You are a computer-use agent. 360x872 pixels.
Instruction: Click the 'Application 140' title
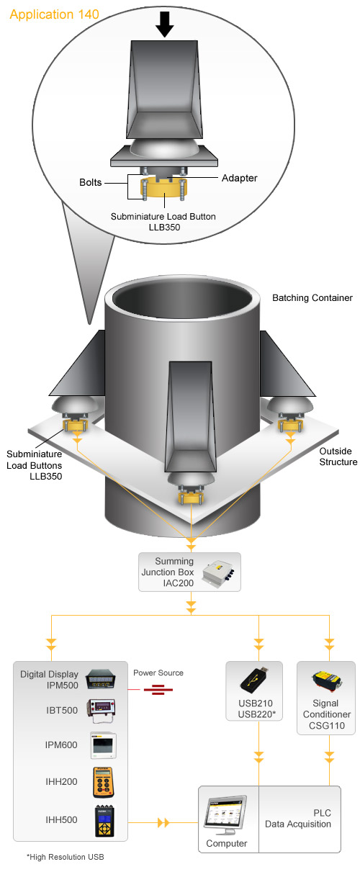(54, 14)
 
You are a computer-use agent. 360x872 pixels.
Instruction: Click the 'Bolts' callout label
(90, 182)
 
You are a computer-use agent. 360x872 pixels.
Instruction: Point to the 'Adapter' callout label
(239, 178)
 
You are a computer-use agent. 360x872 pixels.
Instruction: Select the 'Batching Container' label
(312, 298)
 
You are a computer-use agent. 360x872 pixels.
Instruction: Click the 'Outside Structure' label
(338, 457)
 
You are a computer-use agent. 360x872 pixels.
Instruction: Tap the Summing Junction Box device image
(218, 572)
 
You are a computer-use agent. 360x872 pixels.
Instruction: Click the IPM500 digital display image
(102, 680)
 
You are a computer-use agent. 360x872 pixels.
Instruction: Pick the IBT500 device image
(102, 711)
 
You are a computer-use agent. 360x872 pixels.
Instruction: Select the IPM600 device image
(103, 745)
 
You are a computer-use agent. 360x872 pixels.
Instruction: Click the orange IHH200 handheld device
(104, 782)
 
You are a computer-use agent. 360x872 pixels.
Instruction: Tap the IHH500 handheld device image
(105, 821)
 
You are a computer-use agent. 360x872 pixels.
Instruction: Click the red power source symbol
(158, 690)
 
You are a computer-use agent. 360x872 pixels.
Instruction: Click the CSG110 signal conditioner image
(327, 680)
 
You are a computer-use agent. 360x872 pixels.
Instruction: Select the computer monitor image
(225, 814)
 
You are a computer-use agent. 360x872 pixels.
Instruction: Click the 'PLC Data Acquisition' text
(298, 819)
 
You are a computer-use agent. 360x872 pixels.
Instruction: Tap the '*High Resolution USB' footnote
(66, 857)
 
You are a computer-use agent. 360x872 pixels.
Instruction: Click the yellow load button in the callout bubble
(164, 189)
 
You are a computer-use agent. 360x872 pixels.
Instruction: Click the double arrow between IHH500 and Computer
(163, 822)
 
